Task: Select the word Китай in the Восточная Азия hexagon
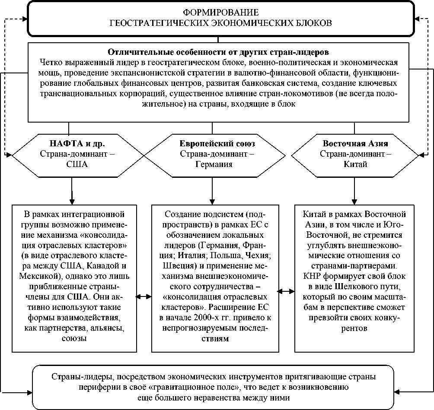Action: point(355,164)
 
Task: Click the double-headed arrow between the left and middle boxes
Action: point(144,296)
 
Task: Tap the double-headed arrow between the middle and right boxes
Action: point(286,291)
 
